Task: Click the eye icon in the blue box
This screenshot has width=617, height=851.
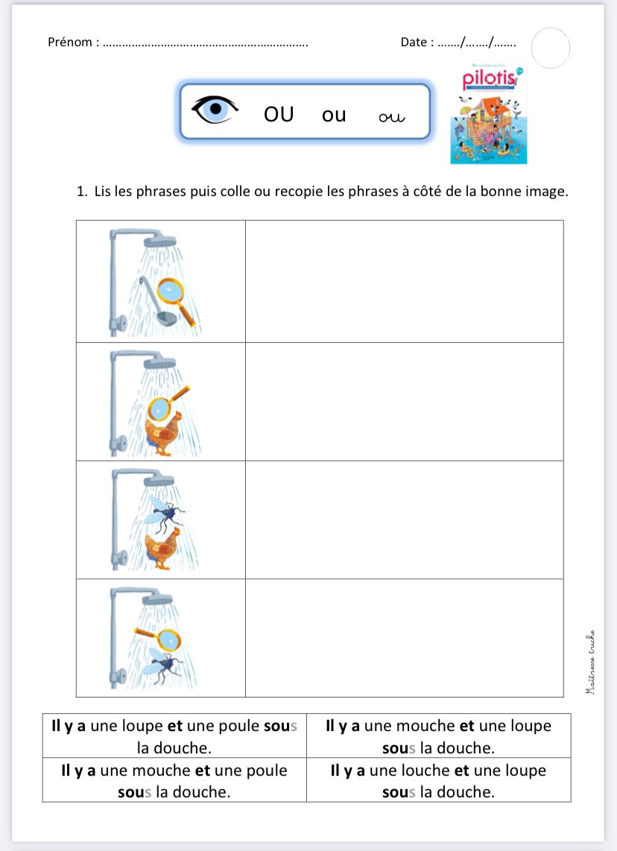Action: coord(215,110)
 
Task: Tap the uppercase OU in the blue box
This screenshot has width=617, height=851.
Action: coord(279,114)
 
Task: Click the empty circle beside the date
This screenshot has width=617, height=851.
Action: coord(551,48)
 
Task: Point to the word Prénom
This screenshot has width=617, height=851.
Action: coord(71,42)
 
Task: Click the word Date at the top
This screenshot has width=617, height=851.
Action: coord(414,42)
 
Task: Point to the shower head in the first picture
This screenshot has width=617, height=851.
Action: coord(159,241)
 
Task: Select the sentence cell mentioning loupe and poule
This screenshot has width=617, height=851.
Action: coord(174,736)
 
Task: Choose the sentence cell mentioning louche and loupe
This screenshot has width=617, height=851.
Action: coord(438,780)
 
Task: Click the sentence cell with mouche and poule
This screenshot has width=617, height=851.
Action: coord(174,780)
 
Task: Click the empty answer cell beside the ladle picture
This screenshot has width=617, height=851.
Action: coord(404,281)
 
